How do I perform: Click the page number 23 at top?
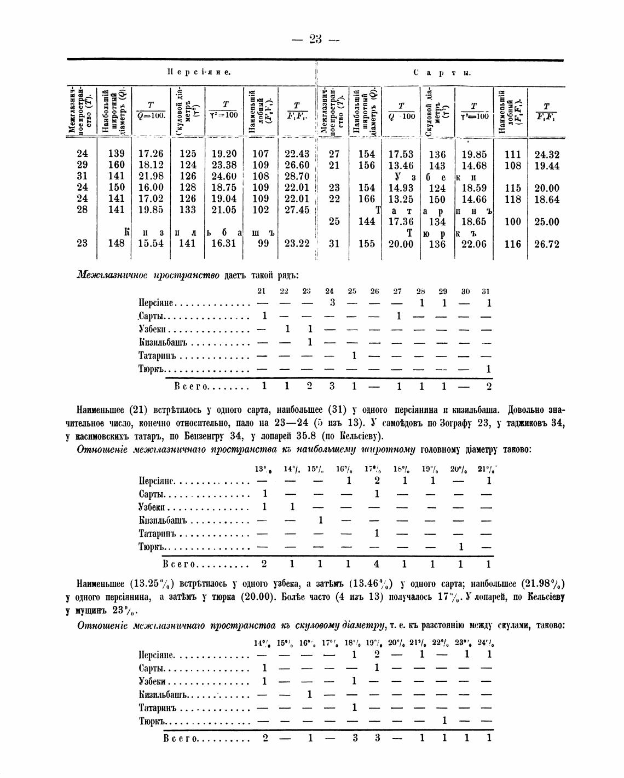315,39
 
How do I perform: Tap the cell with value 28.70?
297,177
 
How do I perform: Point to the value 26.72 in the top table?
546,244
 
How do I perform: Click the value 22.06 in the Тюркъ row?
473,244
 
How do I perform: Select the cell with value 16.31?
223,244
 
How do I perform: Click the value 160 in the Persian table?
116,165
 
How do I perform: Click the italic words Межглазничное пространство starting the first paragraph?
148,274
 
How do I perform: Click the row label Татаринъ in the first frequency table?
158,356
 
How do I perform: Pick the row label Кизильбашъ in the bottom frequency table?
163,694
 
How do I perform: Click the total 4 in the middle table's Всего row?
376,564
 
